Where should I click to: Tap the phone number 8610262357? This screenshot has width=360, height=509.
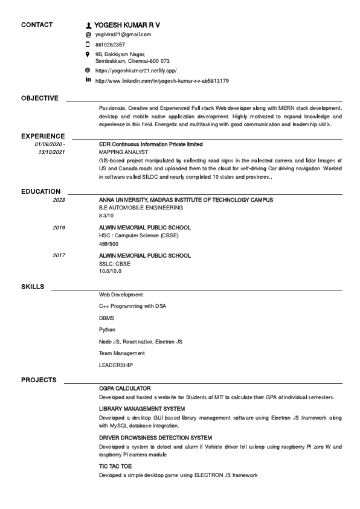click(x=111, y=45)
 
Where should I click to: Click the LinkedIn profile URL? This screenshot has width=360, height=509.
click(x=162, y=80)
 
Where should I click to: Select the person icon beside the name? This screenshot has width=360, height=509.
click(x=89, y=25)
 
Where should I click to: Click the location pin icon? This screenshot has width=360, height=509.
click(x=88, y=54)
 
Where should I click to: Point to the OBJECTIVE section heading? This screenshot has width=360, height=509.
click(x=40, y=98)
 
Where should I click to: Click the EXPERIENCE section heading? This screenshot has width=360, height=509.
click(x=43, y=136)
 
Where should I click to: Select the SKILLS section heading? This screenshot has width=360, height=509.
click(x=33, y=286)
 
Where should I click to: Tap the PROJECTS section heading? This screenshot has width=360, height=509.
click(x=39, y=380)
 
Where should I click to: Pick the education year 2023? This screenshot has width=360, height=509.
click(x=59, y=200)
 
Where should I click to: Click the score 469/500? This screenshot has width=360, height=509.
click(x=109, y=244)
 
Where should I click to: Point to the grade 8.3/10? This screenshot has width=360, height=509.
click(x=106, y=216)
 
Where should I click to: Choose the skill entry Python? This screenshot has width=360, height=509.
click(x=107, y=330)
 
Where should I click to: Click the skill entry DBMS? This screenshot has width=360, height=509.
click(x=106, y=318)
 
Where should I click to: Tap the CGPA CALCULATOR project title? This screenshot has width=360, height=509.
click(x=125, y=388)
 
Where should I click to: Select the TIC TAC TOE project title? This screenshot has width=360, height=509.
click(x=115, y=467)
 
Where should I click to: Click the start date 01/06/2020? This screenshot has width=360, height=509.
click(x=49, y=145)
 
